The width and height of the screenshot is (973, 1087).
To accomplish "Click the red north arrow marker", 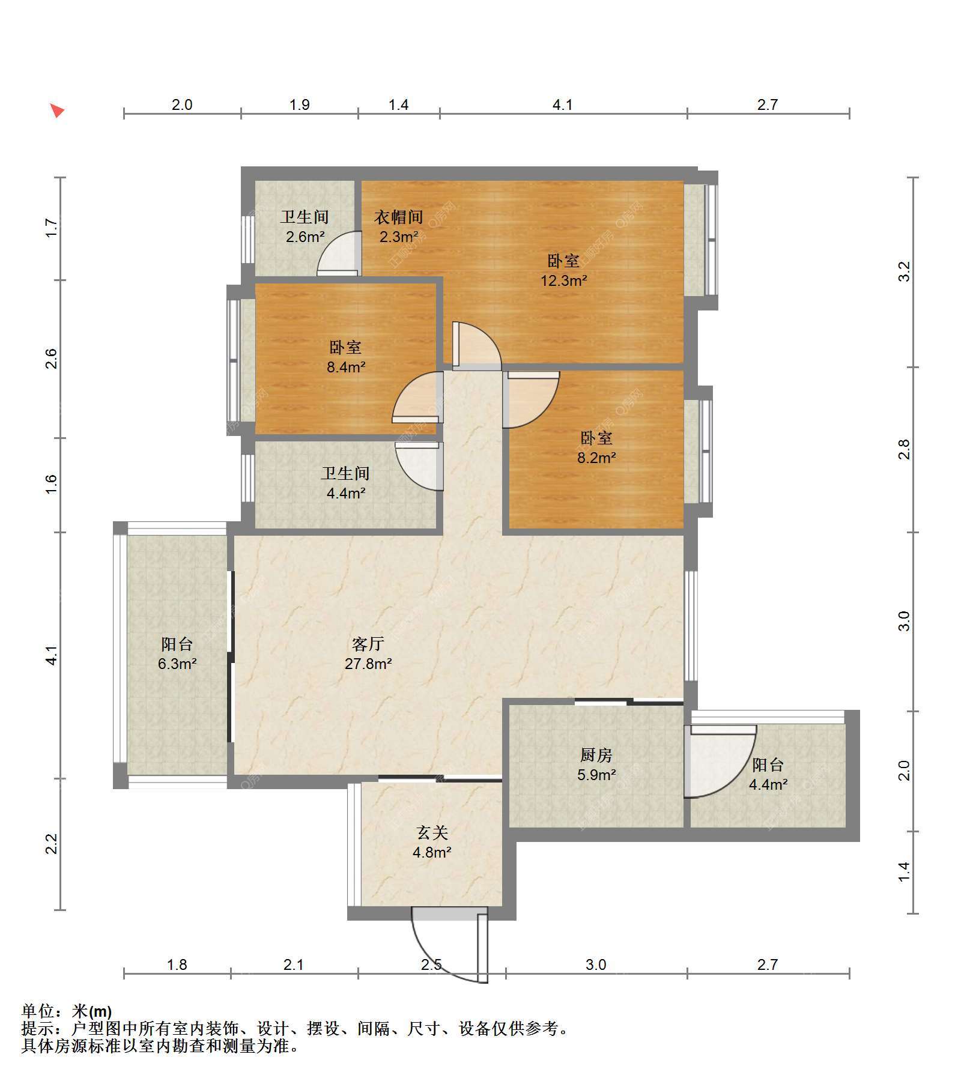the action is click(57, 111).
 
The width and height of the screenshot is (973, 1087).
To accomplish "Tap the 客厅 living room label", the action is click(368, 644).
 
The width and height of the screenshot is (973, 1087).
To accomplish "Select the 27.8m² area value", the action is click(368, 664).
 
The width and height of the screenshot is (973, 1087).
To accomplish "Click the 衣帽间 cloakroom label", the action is click(398, 217).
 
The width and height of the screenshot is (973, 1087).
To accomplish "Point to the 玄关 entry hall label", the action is click(432, 833).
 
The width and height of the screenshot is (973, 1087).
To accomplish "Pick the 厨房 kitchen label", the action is click(596, 755).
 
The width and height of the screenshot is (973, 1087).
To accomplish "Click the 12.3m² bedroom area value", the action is click(564, 280).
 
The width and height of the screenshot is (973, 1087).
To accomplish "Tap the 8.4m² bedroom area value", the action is click(347, 367).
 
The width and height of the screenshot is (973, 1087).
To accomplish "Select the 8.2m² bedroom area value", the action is click(597, 458).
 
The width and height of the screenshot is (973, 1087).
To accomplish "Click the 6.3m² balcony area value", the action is click(178, 664).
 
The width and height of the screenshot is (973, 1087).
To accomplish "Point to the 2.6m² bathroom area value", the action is click(305, 237).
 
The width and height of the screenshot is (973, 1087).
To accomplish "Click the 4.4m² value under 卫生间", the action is click(347, 494).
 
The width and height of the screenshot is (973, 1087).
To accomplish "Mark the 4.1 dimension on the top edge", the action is click(563, 105).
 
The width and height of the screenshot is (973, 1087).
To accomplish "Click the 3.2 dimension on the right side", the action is click(905, 271).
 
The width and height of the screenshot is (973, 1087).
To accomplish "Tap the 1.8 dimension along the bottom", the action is click(177, 965).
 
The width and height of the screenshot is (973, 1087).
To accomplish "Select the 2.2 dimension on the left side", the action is click(52, 844).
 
